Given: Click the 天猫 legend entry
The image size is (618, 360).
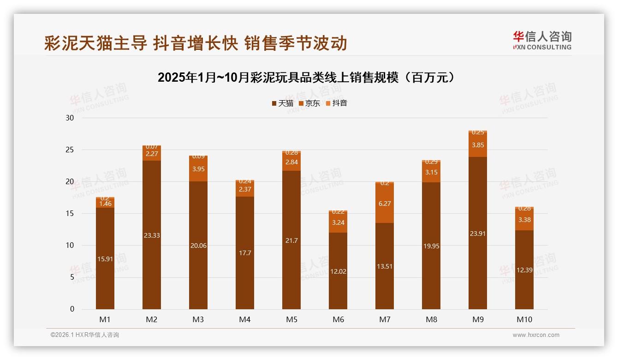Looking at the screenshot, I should coord(282,103).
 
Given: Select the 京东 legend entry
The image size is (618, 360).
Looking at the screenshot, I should coord(309,103).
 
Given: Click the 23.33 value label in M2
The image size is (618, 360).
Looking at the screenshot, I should coord(152,235).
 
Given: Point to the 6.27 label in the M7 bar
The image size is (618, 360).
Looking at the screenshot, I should coord(385,204).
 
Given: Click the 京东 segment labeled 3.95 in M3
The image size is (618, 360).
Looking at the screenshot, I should coord(198,169).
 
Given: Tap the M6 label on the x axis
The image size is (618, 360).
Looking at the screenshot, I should coord(338,319).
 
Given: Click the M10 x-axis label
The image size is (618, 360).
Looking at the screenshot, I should coord(524,319).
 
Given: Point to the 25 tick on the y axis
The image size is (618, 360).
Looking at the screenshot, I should coord(70,150).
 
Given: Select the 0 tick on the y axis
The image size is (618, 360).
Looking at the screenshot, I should coord(72,309).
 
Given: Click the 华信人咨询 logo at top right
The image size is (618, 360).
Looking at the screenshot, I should coord(542,40).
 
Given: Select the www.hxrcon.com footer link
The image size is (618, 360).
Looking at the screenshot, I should coord(536,335).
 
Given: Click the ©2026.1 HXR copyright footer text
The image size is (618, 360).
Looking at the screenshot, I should coord(84,335).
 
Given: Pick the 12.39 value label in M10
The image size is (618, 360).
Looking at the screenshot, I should coord(524,270).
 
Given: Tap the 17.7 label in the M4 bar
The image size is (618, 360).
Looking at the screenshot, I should coord(245,253).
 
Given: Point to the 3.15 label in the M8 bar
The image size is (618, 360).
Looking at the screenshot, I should coord(431,173).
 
